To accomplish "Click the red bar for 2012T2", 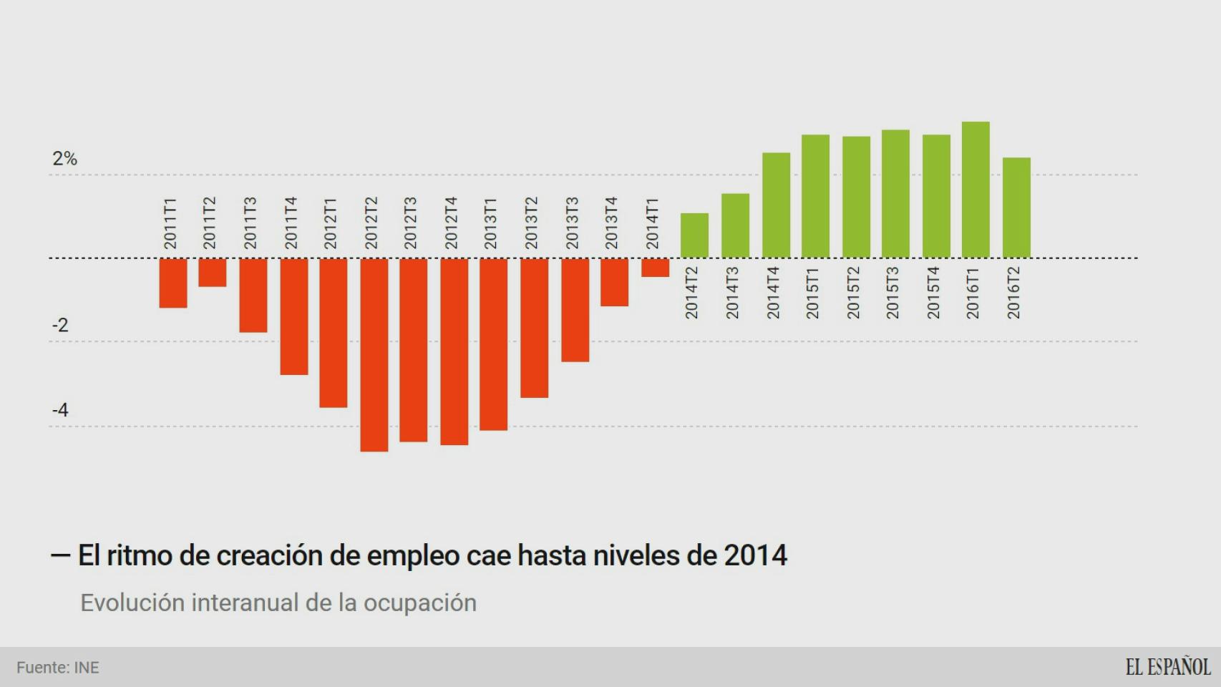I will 374,354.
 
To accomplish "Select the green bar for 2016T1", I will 976,190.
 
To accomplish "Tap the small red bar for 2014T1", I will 655,268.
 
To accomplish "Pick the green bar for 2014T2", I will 694,235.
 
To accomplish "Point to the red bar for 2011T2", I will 213,273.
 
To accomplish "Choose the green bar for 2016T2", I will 1016,208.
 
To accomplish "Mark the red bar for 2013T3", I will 575,310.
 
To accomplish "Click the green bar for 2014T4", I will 776,205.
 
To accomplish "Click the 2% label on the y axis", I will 64,159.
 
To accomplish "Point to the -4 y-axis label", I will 60,410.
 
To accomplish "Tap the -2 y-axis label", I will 60,326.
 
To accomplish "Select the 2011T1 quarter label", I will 170,223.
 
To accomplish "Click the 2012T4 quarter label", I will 451,223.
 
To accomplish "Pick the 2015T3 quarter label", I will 892,293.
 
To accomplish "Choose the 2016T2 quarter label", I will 1013,293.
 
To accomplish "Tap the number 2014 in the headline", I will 755,555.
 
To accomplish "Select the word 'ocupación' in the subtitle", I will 419,603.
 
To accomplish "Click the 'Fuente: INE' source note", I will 58,668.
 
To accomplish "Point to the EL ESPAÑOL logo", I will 1167,667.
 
